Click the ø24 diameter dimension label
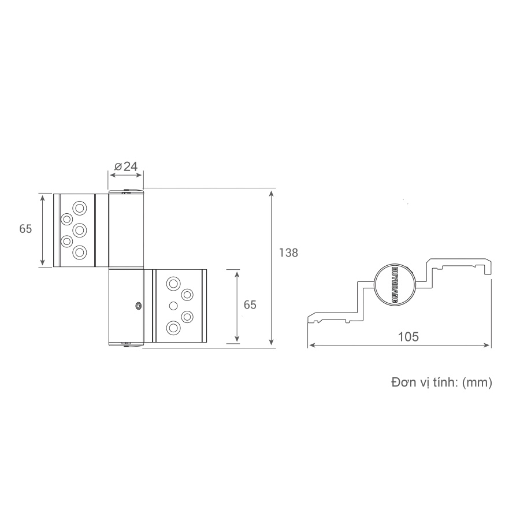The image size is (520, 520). pos(126,166)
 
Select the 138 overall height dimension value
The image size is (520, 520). pos(288,252)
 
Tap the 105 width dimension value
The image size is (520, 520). pos(408,337)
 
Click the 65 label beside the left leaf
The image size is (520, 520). pos(25,229)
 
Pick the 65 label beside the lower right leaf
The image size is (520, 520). pos(250,304)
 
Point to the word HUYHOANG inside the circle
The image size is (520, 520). pos(395,284)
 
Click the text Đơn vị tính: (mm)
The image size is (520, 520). pos(442,382)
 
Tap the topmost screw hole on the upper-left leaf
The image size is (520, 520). pos(80,208)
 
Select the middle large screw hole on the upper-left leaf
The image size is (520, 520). pos(80,230)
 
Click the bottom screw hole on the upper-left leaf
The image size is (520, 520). pos(80,252)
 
